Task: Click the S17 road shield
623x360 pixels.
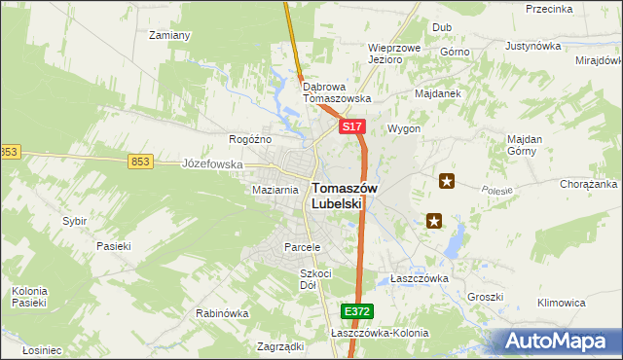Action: [x=352, y=127]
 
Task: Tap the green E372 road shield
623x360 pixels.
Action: [x=357, y=311]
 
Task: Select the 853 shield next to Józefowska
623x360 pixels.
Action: [x=140, y=162]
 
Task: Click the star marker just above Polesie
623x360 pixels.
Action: [x=447, y=180]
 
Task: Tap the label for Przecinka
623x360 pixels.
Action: [x=548, y=9]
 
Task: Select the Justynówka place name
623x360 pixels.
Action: [x=534, y=46]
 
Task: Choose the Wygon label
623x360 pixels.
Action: [x=404, y=128]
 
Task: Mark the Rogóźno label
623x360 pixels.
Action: [x=249, y=139]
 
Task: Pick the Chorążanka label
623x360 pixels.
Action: [x=588, y=183]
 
